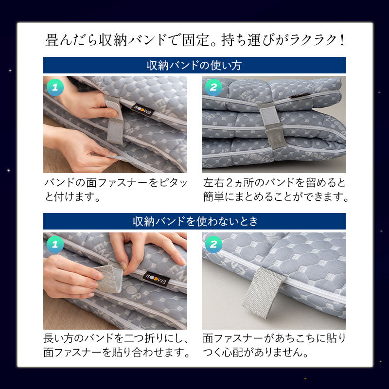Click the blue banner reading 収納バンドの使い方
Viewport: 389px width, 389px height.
click(x=194, y=65)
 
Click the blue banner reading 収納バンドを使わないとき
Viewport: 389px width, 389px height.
click(x=194, y=221)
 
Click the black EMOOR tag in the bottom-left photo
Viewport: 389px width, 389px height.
click(x=156, y=279)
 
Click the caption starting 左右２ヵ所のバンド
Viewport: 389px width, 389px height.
click(x=275, y=190)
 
